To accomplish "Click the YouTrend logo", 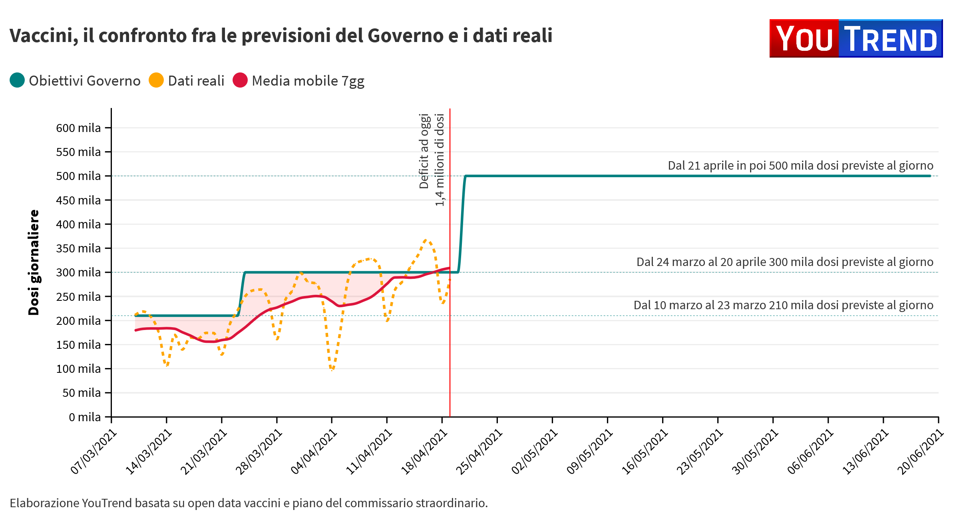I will pos(856,38).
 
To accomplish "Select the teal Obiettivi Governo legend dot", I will pos(17,80).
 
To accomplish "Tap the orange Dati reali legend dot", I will pos(156,80).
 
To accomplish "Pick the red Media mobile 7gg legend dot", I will pos(240,80).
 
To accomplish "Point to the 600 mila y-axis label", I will pos(78,128).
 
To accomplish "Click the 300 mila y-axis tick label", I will pos(78,272).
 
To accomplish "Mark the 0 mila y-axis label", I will pos(85,417).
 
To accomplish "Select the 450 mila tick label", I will pos(78,200).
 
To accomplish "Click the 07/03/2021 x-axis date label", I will pos(94,452).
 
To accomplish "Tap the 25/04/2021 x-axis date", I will pos(479,452).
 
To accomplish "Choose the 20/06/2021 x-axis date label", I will pos(921,452).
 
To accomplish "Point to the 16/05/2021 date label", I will pos(645,452).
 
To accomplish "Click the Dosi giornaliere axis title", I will pos(34,262).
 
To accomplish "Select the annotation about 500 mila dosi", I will pos(800,166).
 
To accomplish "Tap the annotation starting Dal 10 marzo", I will pos(783,305).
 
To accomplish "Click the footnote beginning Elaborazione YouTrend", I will pos(249,503).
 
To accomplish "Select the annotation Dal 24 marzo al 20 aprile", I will pos(785,262).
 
